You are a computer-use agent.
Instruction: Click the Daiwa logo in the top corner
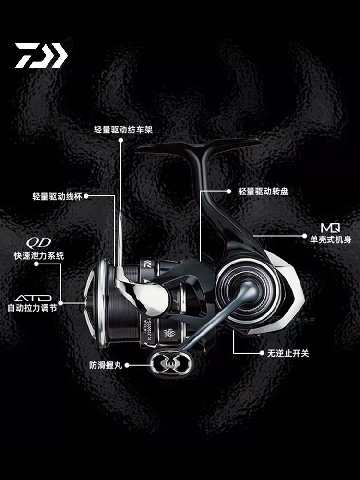click(x=41, y=55)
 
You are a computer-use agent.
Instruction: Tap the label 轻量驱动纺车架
click(x=123, y=130)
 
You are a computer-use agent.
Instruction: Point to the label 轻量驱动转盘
click(x=264, y=191)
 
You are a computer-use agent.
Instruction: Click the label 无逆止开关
click(x=288, y=353)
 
